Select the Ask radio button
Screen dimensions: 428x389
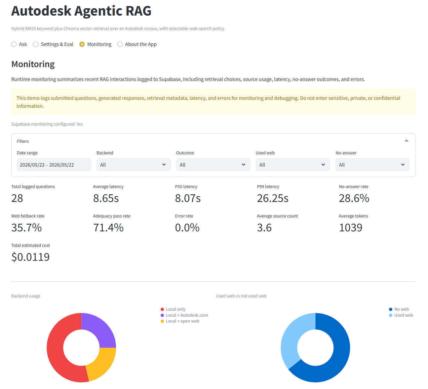[14, 44]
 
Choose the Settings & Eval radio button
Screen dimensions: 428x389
[36, 44]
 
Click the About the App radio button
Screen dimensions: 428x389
[120, 44]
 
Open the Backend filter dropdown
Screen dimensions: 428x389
[134, 165]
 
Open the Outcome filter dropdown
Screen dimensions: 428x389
[213, 165]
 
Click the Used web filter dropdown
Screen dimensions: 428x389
[293, 165]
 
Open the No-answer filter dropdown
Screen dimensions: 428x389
[372, 165]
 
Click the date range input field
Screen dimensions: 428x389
[54, 165]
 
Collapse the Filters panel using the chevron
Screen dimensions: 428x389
[406, 141]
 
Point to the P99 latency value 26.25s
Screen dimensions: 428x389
[272, 198]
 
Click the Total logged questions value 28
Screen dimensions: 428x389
[17, 198]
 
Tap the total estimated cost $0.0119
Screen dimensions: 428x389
[30, 257]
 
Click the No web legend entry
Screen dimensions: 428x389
[399, 309]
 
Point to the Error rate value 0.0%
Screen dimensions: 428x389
[187, 227]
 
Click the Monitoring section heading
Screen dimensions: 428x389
[33, 64]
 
